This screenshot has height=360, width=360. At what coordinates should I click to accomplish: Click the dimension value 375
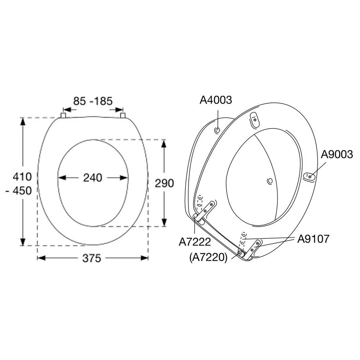click(92, 258)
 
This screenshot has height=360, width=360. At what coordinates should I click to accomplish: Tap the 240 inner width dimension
click(93, 178)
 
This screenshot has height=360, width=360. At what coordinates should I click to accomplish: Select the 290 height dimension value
click(164, 183)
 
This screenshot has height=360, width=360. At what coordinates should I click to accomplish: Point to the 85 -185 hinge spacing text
click(93, 101)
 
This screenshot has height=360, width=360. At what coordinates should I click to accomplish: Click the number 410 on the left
click(22, 177)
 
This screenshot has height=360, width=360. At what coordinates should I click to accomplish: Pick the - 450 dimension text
click(19, 191)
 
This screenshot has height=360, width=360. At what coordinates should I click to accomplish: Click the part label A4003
click(216, 100)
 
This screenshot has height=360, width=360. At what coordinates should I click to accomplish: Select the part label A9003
click(337, 154)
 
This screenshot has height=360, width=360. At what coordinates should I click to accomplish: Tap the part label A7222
click(195, 242)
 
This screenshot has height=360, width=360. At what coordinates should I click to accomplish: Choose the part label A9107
click(313, 239)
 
